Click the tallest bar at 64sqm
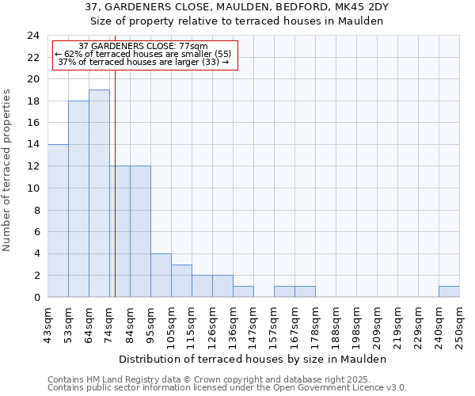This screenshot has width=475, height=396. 99,193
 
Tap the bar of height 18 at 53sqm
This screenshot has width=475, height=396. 78,199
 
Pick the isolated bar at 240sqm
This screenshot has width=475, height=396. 449,291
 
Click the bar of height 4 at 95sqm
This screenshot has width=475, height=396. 161,275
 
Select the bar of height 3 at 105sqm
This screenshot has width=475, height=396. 181,280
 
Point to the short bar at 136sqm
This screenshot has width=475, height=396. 243,291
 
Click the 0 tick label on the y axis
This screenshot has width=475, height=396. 36,298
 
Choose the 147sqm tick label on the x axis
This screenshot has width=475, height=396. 253,325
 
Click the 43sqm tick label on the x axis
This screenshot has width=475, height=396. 48,325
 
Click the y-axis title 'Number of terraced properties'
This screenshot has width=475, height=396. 7,169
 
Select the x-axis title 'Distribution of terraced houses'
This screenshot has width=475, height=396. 257,359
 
